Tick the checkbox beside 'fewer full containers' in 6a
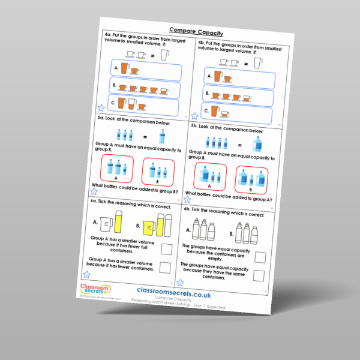click(x=167, y=248)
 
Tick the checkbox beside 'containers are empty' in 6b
click(x=260, y=257)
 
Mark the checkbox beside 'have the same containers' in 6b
click(x=260, y=275)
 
